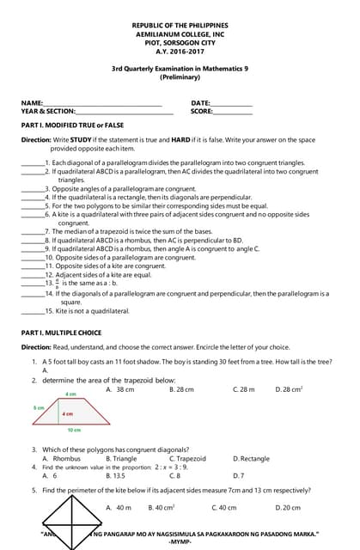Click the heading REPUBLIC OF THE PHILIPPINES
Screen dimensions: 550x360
point(180,26)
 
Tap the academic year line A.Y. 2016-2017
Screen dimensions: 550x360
point(180,52)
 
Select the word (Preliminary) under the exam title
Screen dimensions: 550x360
point(180,77)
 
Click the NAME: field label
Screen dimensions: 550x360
point(32,103)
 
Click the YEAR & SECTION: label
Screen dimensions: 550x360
point(48,112)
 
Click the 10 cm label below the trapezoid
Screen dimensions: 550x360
point(75,429)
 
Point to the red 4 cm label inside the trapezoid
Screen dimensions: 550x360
point(67,413)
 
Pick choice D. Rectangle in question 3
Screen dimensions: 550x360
point(251,459)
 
